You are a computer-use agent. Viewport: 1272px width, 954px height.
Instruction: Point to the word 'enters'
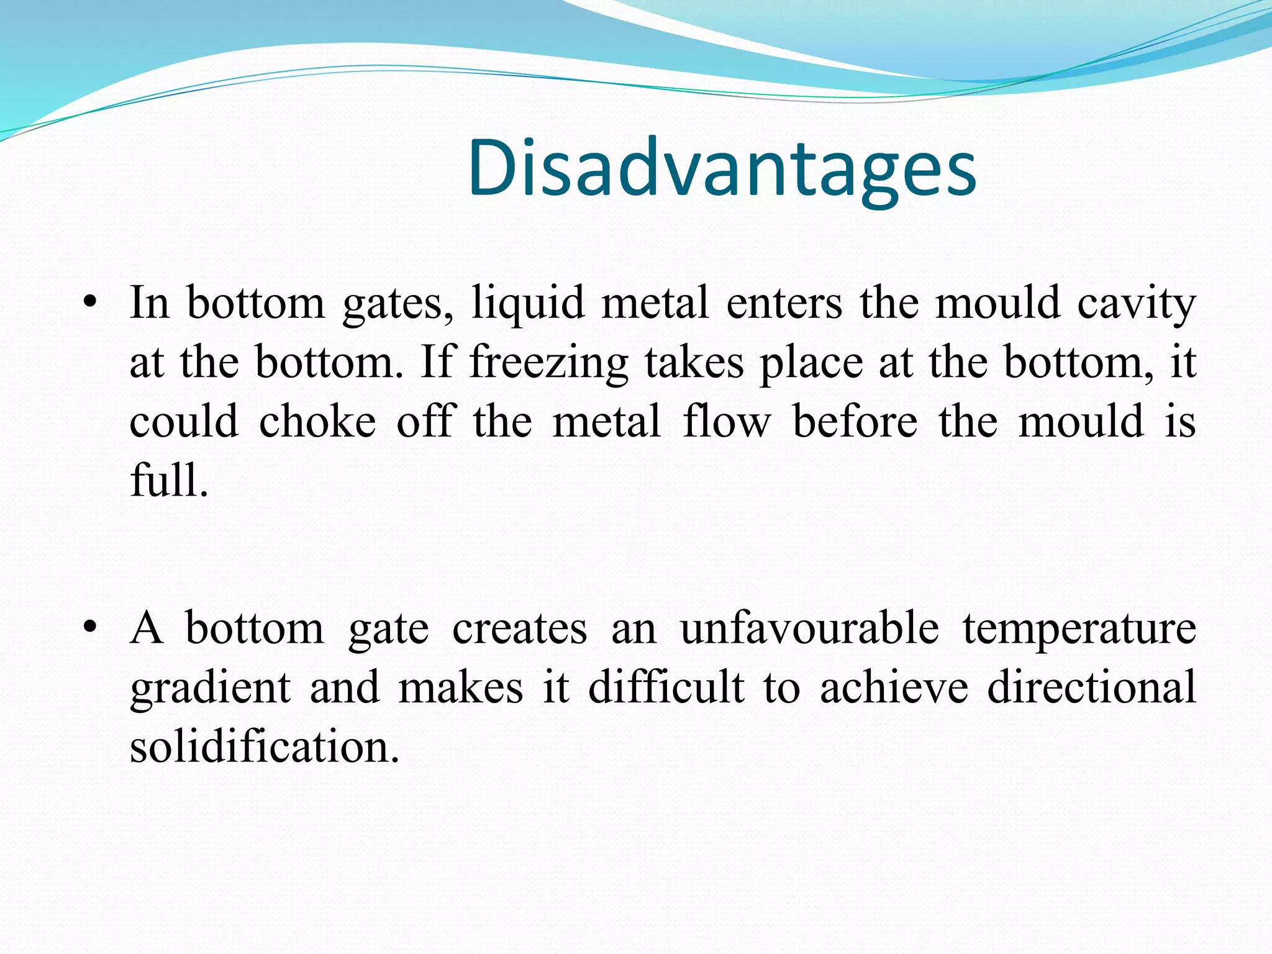[784, 303]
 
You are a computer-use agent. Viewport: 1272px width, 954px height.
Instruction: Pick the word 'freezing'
[548, 363]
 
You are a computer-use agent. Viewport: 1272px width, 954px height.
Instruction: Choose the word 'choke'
[317, 421]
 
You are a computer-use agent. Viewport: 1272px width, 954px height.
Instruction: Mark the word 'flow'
[727, 421]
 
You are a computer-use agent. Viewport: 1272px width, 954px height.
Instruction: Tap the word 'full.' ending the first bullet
[169, 479]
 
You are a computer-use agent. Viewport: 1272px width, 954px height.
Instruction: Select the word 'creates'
[519, 628]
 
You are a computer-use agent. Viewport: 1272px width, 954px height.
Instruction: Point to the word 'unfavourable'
[809, 628]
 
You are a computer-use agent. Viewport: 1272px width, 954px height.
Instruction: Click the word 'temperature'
[1079, 629]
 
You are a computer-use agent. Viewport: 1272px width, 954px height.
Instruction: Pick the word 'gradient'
[210, 688]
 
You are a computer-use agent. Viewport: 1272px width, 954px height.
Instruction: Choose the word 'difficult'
[666, 687]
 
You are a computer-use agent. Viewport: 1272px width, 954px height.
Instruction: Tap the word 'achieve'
[894, 687]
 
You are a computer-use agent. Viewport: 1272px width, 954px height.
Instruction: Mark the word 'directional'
[1091, 687]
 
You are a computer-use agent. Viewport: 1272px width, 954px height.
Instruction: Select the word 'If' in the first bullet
[437, 361]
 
